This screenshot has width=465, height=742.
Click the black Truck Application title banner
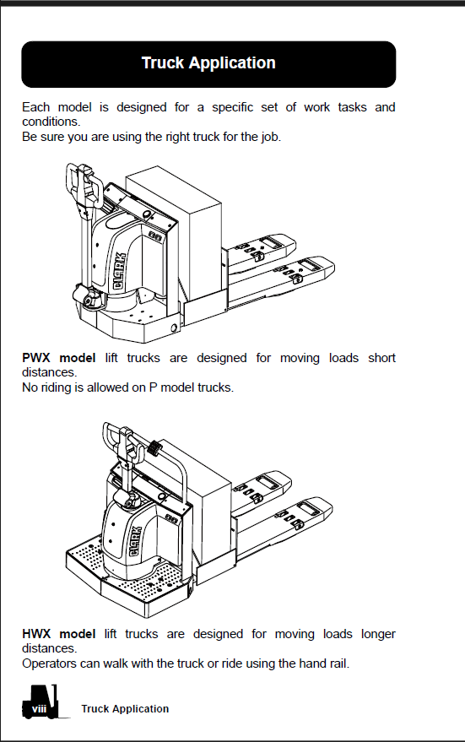click(x=208, y=64)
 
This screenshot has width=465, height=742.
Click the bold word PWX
click(x=36, y=358)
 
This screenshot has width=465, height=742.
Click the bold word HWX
click(x=36, y=634)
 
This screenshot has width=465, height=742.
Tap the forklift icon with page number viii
click(x=41, y=701)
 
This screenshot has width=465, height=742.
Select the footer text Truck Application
click(x=125, y=708)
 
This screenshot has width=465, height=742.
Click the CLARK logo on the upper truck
click(x=120, y=271)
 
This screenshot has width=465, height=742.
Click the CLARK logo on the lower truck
click(x=135, y=541)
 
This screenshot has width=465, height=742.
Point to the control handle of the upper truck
click(x=84, y=187)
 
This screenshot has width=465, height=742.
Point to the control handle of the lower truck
click(x=123, y=443)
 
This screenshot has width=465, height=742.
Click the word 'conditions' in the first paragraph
click(x=51, y=122)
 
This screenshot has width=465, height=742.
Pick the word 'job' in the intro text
click(x=269, y=138)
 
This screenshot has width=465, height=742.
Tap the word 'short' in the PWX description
click(x=381, y=358)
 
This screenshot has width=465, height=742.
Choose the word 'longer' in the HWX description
click(x=378, y=634)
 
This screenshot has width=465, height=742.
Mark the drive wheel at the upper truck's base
click(x=88, y=297)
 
